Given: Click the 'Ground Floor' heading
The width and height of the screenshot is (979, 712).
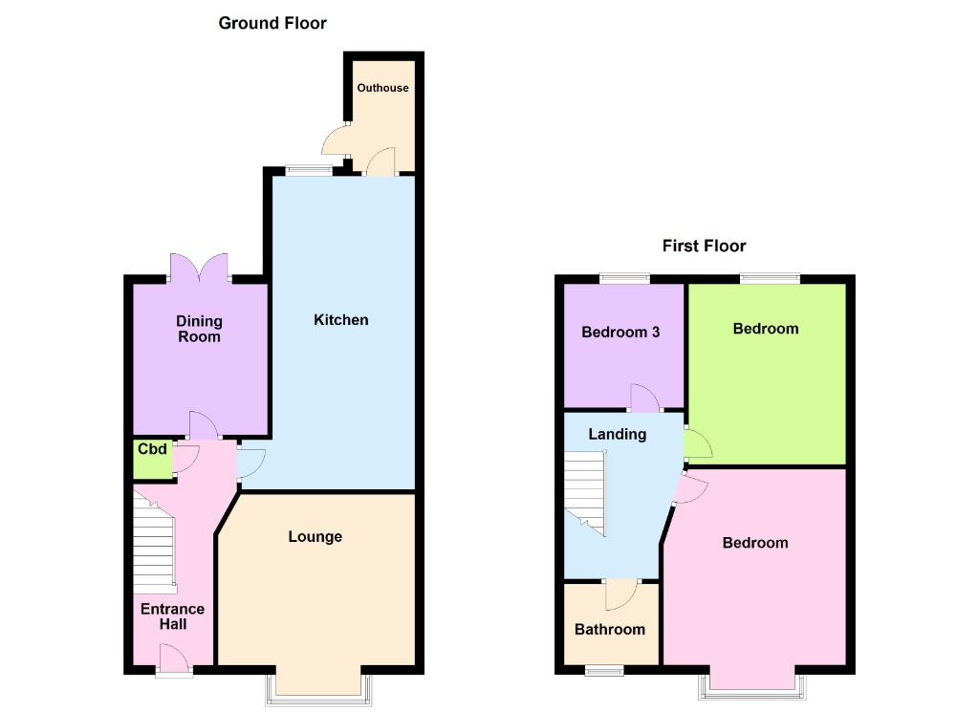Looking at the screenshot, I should (x=272, y=23).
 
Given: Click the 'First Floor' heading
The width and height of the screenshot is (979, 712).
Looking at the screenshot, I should (x=704, y=247).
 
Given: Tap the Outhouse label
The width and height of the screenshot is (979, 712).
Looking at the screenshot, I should (x=382, y=88).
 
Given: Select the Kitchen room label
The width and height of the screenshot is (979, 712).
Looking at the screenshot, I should (x=340, y=320).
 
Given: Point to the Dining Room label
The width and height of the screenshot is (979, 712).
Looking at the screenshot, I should (x=199, y=329).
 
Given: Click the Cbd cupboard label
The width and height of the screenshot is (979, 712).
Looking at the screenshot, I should (x=152, y=449).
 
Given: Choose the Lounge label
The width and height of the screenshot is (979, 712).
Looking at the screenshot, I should (x=315, y=537).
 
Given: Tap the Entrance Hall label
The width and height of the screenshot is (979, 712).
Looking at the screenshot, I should (x=172, y=616).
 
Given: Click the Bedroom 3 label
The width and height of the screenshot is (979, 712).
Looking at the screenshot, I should (x=620, y=333).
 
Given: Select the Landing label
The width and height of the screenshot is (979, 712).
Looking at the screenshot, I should (x=617, y=434).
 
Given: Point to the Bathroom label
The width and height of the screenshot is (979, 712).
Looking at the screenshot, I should (x=609, y=629).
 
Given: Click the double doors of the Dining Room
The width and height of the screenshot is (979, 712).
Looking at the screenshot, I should (x=199, y=268).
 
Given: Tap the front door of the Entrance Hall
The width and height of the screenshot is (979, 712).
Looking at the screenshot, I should (x=173, y=659).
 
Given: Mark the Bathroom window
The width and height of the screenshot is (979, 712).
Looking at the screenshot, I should (x=603, y=671).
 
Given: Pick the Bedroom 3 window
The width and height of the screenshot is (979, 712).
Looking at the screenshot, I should (x=623, y=278).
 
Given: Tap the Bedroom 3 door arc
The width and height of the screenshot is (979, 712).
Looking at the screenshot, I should (x=644, y=396).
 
